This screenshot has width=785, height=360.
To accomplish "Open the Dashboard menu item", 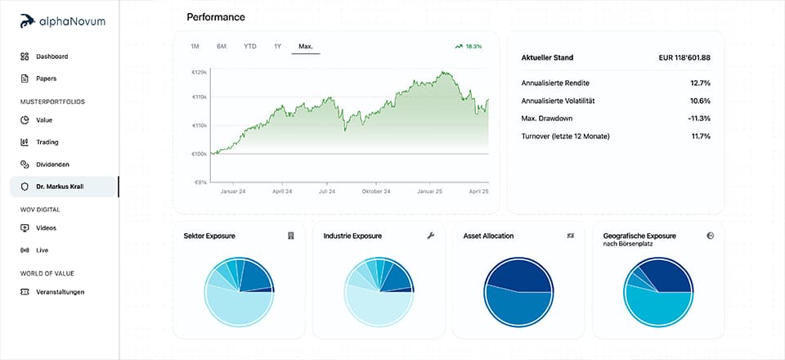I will point(52,56).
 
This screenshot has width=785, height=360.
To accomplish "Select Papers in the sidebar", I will point(47,79).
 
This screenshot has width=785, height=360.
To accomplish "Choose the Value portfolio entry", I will point(43,120).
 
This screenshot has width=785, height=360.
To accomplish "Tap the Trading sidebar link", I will point(47,142).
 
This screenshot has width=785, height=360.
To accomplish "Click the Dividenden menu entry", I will point(52,164).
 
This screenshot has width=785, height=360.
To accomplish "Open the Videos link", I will point(46,228).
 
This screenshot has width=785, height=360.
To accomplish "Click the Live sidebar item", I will point(43,250).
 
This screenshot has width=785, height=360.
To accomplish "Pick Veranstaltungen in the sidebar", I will point(60,292).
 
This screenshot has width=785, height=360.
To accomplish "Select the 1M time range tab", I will point(195,47).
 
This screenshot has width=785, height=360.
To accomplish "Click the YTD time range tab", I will point(250,47).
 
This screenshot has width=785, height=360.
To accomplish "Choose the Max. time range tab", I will point(306,47).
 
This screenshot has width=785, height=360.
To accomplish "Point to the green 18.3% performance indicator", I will point(469,47).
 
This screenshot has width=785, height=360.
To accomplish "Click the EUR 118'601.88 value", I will point(684,58).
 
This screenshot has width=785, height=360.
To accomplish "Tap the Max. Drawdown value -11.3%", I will point(699,118).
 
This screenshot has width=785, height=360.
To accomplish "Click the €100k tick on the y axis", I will point(199,154).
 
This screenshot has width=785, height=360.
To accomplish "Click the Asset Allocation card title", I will point(488,236).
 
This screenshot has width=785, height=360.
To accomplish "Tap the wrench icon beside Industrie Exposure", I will point(430,236).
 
